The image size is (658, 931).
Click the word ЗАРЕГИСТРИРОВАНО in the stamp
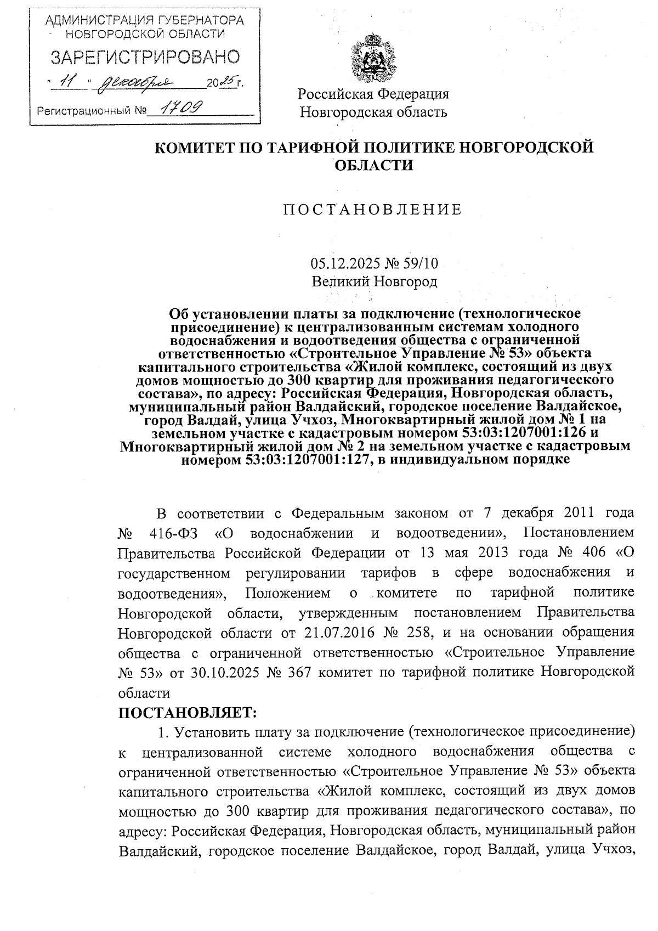click(x=145, y=57)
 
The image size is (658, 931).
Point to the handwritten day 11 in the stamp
click(x=69, y=82)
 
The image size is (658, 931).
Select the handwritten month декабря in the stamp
click(x=140, y=82)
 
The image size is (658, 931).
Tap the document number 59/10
click(x=420, y=264)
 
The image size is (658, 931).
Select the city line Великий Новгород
click(x=374, y=282)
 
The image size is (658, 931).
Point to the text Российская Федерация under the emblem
click(x=373, y=94)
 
